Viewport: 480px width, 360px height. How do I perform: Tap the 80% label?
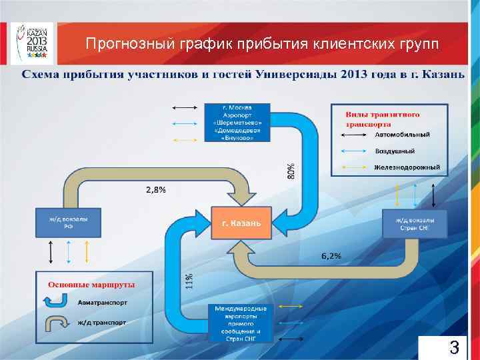(291, 171)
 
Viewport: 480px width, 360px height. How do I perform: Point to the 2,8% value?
(156, 189)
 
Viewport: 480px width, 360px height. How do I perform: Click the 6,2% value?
(331, 255)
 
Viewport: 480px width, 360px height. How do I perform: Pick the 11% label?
(189, 281)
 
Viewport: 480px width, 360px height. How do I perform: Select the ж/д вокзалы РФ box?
(69, 222)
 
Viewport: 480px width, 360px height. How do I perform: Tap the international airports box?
(241, 323)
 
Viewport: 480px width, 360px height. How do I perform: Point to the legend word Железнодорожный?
(407, 167)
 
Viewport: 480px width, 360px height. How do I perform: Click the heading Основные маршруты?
(91, 284)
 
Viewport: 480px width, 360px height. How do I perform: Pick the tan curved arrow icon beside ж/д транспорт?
(55, 324)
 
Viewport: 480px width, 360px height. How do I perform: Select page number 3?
(453, 347)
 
